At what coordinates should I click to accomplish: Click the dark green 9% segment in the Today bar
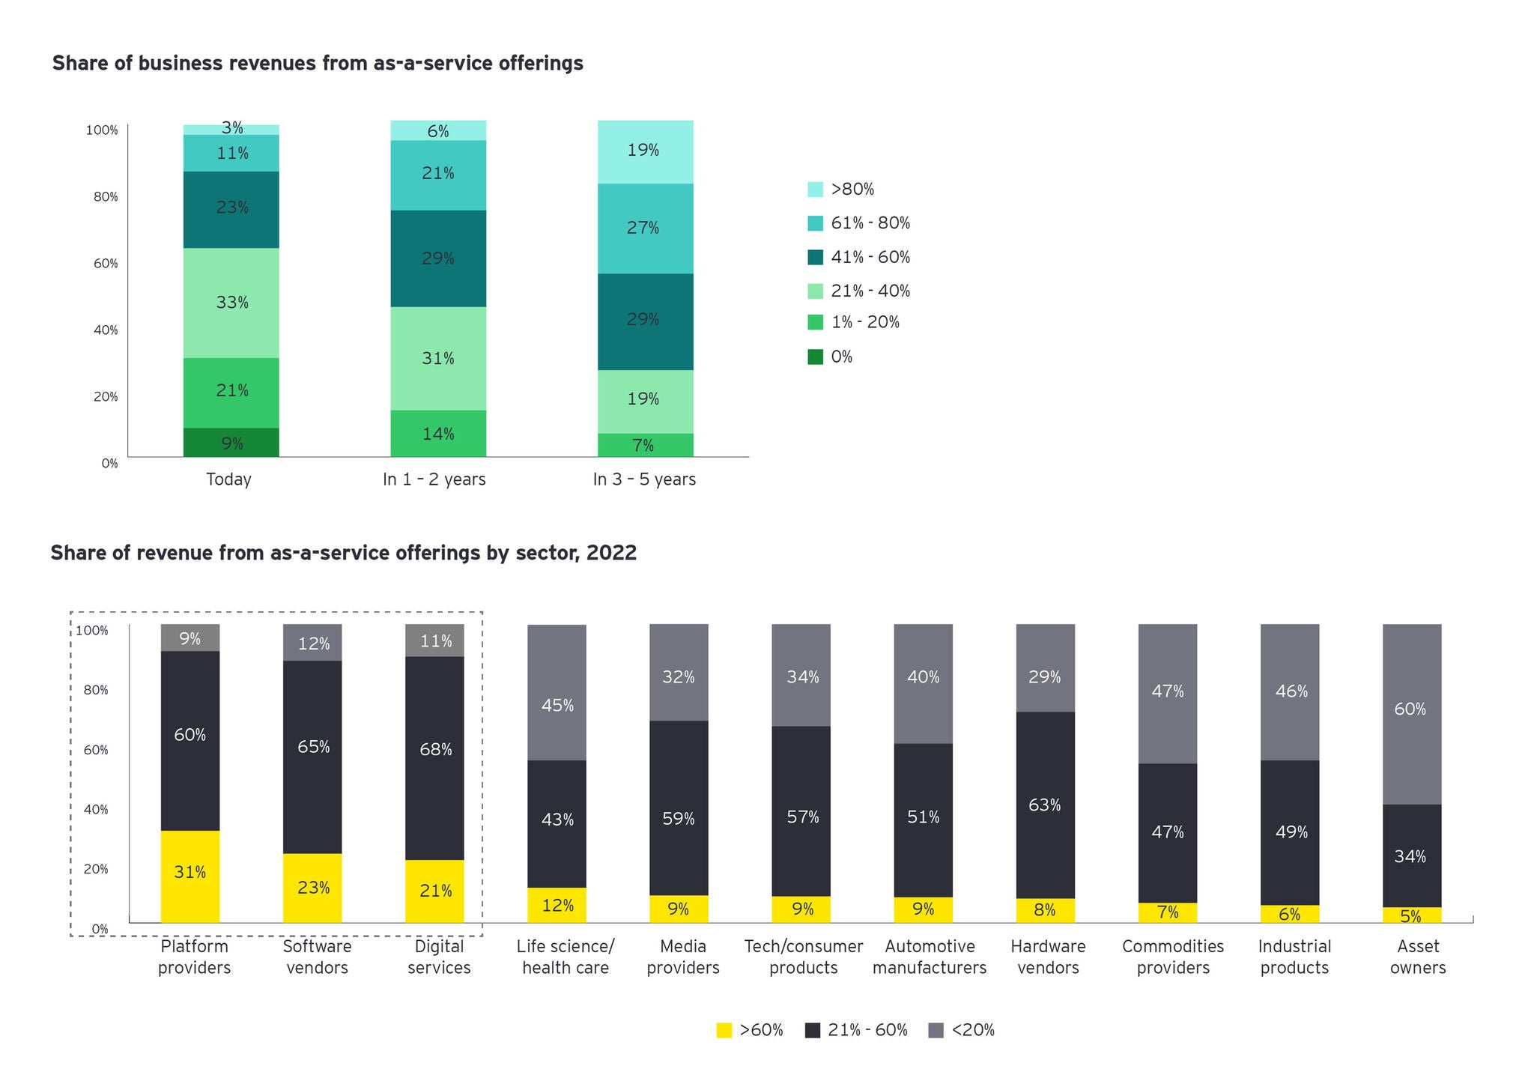coord(231,443)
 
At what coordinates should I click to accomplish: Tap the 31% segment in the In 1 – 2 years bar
coord(438,358)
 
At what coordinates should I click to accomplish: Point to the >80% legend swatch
coord(815,190)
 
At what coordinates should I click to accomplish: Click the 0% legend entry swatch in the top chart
coord(815,357)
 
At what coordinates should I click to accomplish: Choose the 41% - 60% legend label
coord(870,257)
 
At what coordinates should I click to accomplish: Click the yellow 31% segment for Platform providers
coord(190,876)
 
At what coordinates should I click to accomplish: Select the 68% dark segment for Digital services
coord(434,757)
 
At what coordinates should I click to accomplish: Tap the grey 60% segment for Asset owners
coord(1411,714)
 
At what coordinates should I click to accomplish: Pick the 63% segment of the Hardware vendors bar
coord(1045,805)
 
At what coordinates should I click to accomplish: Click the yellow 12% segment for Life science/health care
coord(557,905)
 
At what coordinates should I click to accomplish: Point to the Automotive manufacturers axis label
coord(929,957)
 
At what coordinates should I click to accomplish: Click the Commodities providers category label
coord(1173,957)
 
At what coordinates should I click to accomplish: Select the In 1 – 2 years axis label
coord(434,479)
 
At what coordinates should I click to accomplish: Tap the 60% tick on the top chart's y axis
coord(106,264)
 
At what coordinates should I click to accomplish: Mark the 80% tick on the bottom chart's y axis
coord(95,690)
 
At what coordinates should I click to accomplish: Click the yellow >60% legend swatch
coord(724,1031)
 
